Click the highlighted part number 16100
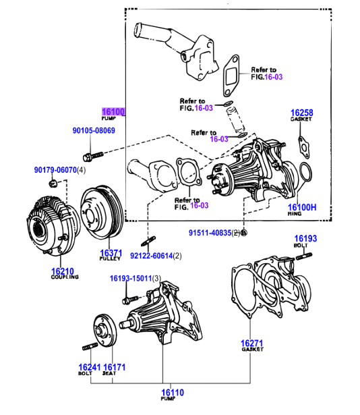[113, 111]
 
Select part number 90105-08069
[94, 130]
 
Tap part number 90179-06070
[55, 170]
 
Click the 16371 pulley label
[111, 252]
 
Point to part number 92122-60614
[151, 256]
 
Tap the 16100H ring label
[302, 207]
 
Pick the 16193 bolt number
[305, 238]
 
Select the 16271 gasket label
[252, 343]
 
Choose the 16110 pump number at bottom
[173, 393]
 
